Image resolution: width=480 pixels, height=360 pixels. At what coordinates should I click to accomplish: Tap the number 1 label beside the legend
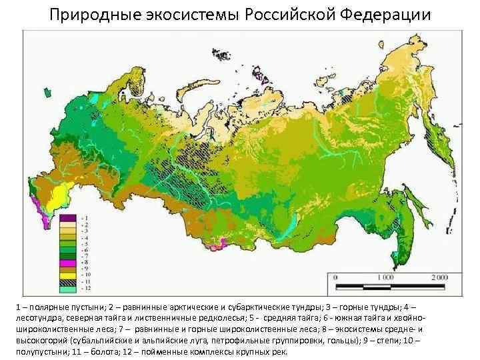click(x=83, y=217)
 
